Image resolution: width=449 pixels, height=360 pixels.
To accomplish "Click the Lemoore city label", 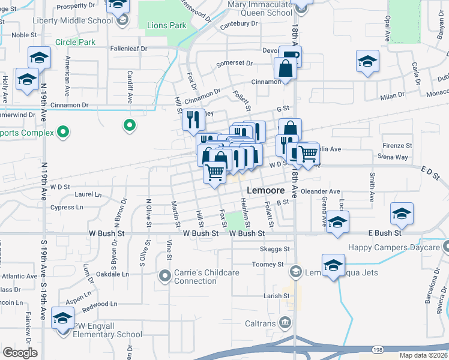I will [x=264, y=190].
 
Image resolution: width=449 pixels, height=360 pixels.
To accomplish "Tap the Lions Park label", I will [x=166, y=26].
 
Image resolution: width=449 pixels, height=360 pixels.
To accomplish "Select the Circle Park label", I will [x=75, y=43].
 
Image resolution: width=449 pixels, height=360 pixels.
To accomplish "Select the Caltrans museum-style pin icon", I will [x=285, y=323].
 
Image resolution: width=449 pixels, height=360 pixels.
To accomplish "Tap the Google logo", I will [x=20, y=352].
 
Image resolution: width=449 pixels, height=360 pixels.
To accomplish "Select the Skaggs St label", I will [x=275, y=248].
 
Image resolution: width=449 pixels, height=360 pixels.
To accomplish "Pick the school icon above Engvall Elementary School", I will [x=62, y=318].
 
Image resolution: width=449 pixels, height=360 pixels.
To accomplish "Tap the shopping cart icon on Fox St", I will [x=214, y=173].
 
